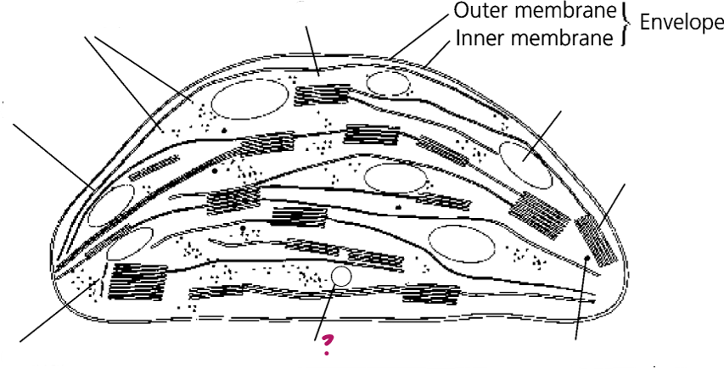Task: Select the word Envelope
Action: pos(682,23)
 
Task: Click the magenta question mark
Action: pos(327,344)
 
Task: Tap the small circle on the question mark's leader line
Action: pos(341,277)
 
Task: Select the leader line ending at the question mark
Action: pos(324,313)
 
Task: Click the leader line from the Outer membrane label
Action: pos(418,36)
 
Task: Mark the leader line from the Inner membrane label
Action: pos(438,53)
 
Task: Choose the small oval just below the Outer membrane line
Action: pos(388,83)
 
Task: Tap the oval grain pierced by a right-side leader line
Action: pos(526,165)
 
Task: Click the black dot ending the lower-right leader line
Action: pos(586,258)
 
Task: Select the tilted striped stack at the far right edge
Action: pos(596,240)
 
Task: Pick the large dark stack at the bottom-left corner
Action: pos(138,282)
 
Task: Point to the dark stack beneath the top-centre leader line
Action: pos(322,95)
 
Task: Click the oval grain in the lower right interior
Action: pos(462,244)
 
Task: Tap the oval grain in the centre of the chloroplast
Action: pos(396,178)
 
